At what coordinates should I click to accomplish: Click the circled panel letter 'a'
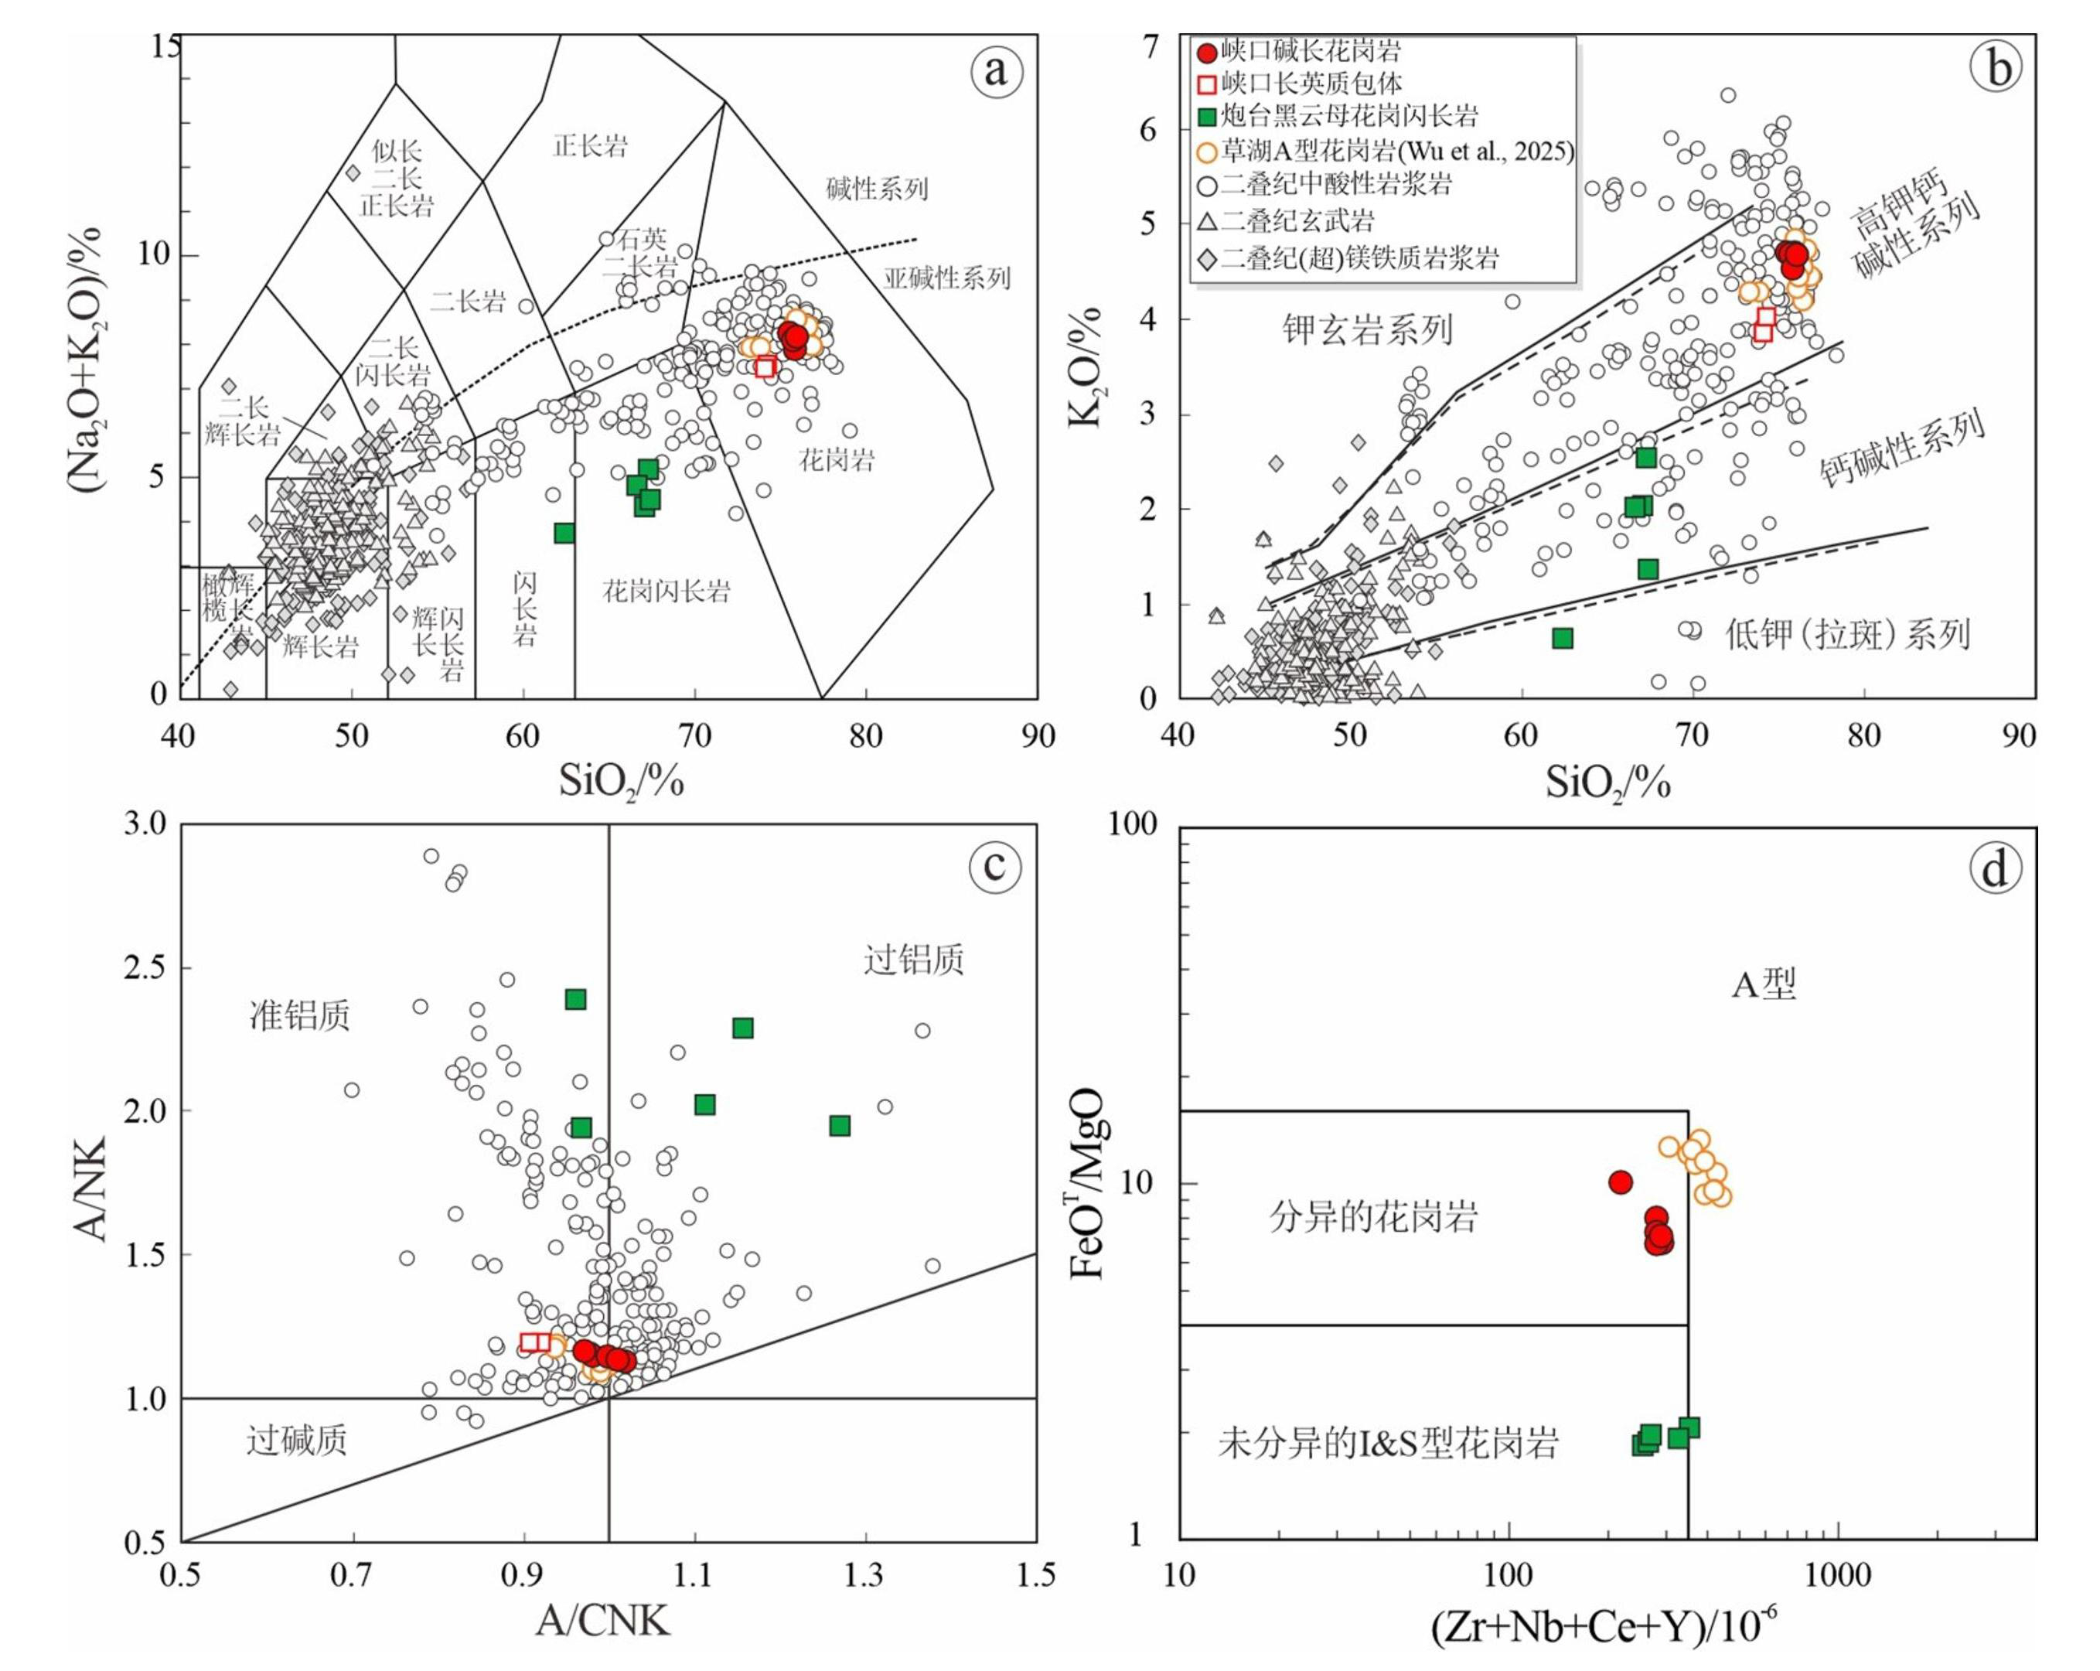click(995, 70)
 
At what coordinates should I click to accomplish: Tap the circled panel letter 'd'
click(1995, 867)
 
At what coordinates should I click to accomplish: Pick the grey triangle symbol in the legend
click(1207, 221)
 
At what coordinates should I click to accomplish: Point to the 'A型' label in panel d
click(1763, 984)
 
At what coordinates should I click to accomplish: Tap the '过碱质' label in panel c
click(296, 1439)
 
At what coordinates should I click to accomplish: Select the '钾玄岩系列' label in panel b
click(1366, 330)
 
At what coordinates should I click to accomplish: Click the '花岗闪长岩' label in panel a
click(666, 591)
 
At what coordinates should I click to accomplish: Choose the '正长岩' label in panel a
click(590, 146)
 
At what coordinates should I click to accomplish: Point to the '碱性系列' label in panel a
click(877, 188)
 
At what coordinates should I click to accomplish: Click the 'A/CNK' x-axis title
click(602, 1619)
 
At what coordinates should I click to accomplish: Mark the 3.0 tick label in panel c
click(145, 824)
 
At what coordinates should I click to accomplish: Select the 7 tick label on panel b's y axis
click(1152, 46)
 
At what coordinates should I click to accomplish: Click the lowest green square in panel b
click(1563, 638)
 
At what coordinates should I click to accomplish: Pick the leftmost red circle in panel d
click(1620, 1182)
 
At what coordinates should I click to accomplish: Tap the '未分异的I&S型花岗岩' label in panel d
click(1388, 1442)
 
